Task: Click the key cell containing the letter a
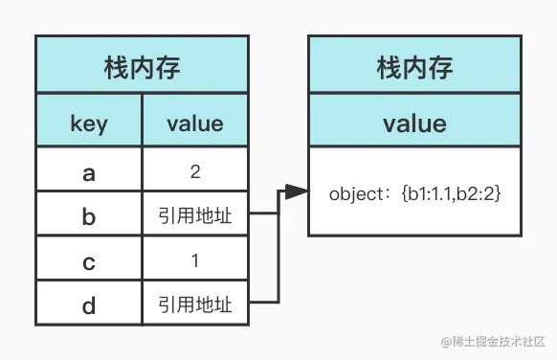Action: pos(89,172)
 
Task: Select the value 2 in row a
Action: pos(195,172)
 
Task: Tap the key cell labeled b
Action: pos(89,217)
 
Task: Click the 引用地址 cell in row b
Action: pos(195,217)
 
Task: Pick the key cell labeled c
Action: pos(89,261)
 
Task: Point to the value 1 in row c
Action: pos(195,261)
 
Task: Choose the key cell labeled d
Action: pos(89,305)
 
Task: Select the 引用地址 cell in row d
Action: pos(195,305)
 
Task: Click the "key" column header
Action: pos(89,124)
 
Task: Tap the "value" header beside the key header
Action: pos(195,124)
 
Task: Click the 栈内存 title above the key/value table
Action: pos(143,68)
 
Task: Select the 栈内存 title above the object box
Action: pos(414,68)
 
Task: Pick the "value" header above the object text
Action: pos(414,124)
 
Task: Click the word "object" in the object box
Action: pos(355,193)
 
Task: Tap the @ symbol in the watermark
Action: pos(444,341)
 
